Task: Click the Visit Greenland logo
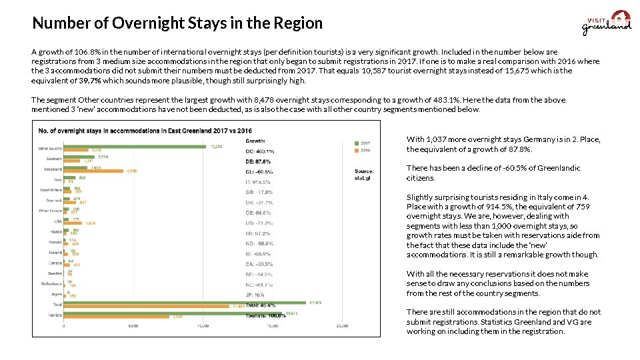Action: coord(606,23)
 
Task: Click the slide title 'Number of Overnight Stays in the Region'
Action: coord(177,23)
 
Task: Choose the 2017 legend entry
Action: coord(363,142)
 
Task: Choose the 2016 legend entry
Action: coord(363,149)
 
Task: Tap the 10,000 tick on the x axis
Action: coord(203,326)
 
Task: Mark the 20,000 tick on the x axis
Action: coord(341,326)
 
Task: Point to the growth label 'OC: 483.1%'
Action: coord(260,151)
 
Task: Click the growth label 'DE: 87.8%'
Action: coord(259,161)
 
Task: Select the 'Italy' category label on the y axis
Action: coord(57,179)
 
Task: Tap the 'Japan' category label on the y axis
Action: coord(55,294)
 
